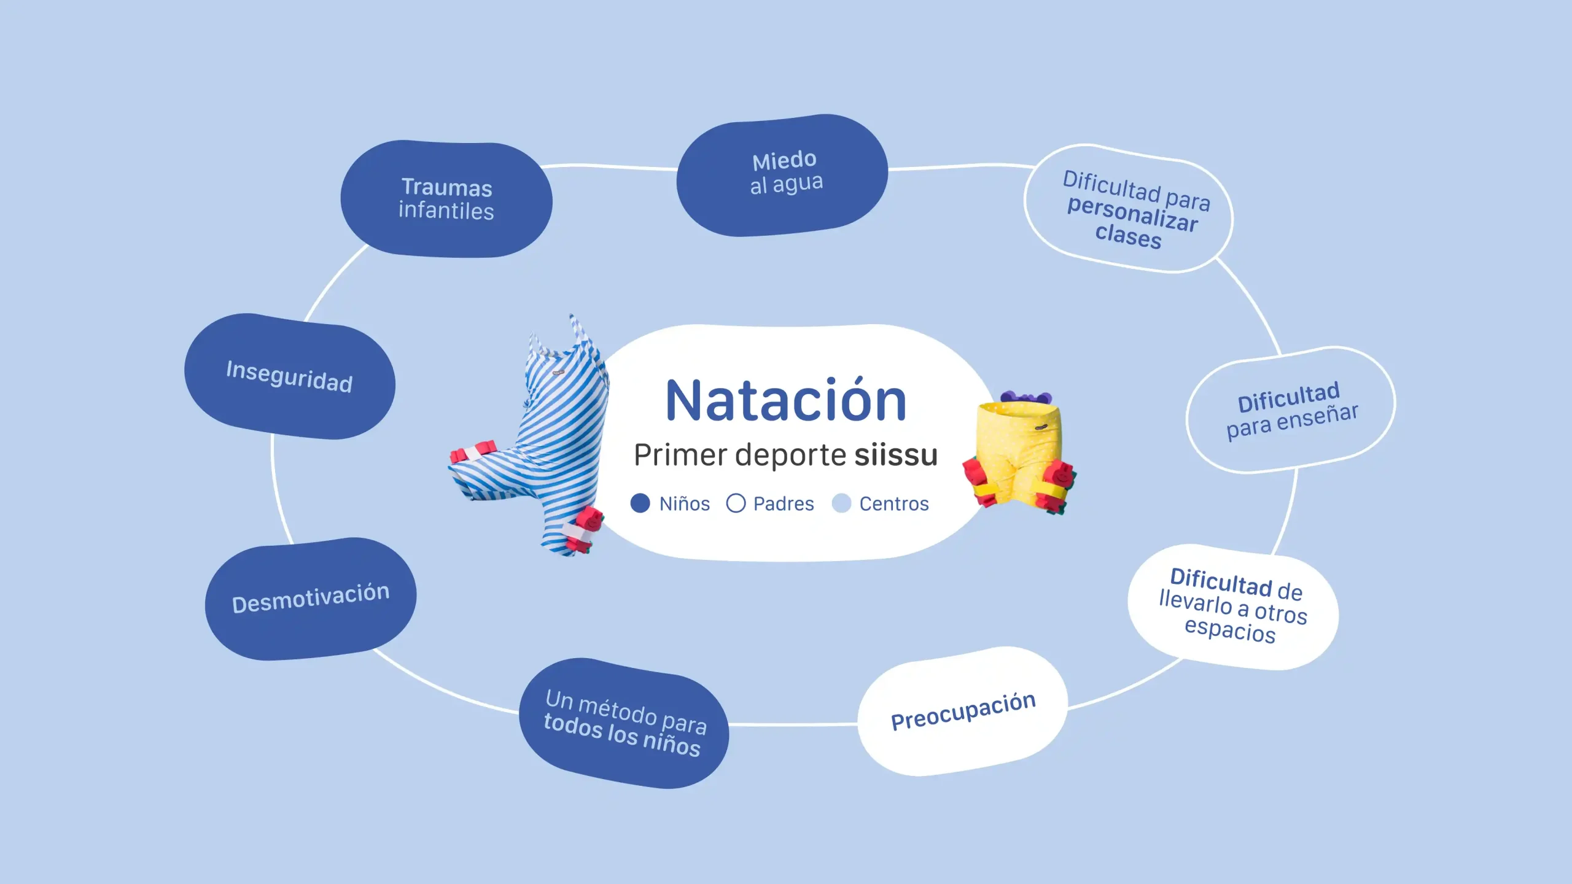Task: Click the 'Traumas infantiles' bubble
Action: click(x=446, y=199)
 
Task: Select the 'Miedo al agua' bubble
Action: click(x=782, y=175)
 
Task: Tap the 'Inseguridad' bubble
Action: click(x=290, y=376)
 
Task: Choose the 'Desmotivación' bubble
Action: click(x=311, y=599)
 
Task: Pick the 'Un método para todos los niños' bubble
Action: click(x=625, y=723)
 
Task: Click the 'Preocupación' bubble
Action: click(x=963, y=711)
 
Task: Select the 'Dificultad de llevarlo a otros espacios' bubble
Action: click(x=1233, y=607)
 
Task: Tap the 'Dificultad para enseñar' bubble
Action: click(x=1291, y=410)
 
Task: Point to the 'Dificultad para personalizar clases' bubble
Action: click(x=1129, y=208)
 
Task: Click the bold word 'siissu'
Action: click(x=896, y=455)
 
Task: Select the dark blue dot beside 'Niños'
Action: click(x=640, y=503)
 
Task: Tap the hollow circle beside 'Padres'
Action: click(x=736, y=503)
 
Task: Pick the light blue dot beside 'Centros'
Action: click(x=841, y=503)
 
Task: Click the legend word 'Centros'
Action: click(x=894, y=504)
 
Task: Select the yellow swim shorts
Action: click(x=1019, y=454)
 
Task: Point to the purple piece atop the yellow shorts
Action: click(x=1026, y=397)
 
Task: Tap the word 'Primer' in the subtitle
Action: click(x=680, y=456)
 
